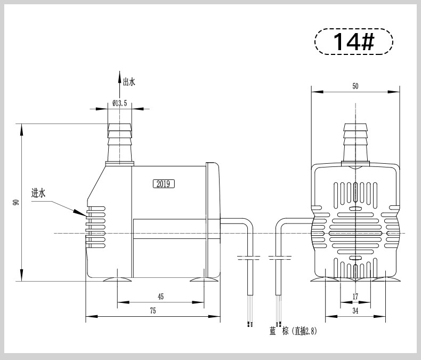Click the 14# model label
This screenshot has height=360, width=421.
pyautogui.click(x=353, y=42)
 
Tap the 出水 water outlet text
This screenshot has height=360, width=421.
pyautogui.click(x=129, y=82)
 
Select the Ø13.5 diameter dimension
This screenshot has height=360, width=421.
pyautogui.click(x=119, y=103)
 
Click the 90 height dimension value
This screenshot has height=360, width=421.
pyautogui.click(x=16, y=202)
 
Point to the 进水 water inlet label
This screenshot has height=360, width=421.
pyautogui.click(x=38, y=193)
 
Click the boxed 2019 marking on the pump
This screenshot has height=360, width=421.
pyautogui.click(x=164, y=184)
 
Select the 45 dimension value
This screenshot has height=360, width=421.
pyautogui.click(x=160, y=297)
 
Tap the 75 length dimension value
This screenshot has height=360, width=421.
pyautogui.click(x=153, y=311)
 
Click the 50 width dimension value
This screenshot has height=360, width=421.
pyautogui.click(x=355, y=86)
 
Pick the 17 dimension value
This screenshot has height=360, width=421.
pyautogui.click(x=355, y=297)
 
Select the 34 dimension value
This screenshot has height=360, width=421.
pyautogui.click(x=355, y=311)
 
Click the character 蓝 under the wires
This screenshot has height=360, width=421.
pyautogui.click(x=273, y=331)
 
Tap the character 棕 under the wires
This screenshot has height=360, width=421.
pyautogui.click(x=285, y=331)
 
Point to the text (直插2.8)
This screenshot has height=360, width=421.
pyautogui.click(x=304, y=331)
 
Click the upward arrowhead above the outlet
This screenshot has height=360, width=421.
pyautogui.click(x=120, y=77)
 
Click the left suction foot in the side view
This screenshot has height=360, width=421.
pyautogui.click(x=117, y=279)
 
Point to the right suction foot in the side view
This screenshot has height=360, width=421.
pyautogui.click(x=204, y=279)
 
